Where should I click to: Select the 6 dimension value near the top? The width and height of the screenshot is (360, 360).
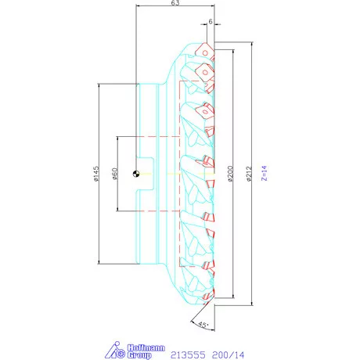coord(211,23)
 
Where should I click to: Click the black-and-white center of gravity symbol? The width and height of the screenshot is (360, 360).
coord(137,174)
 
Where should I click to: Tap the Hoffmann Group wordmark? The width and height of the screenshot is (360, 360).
coord(139,348)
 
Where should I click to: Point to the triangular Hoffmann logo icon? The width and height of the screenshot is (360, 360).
coord(113,349)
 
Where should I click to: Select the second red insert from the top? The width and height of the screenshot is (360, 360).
coord(206,72)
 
